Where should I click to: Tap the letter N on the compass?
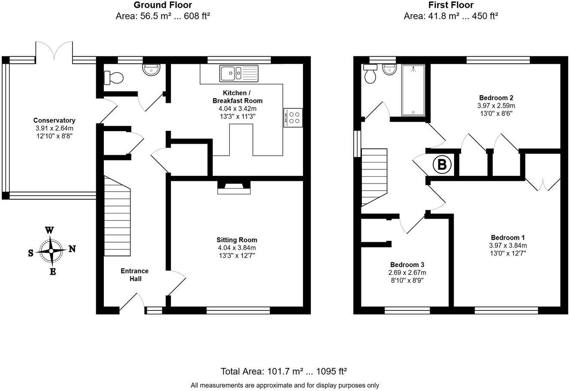coord(72,249)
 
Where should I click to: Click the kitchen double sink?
coord(239,73)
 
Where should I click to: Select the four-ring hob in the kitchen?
coord(293,117)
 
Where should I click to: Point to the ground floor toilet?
coord(114,78)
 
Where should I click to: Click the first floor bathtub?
coord(413,90)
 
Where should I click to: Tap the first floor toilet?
coord(369,75)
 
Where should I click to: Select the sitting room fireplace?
coord(233,187)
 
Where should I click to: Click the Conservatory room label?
coord(54,120)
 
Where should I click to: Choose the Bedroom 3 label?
coord(407,265)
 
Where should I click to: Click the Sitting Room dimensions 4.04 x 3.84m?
coord(237,248)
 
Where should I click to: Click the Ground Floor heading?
coord(163,5)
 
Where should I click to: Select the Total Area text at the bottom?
coord(284,371)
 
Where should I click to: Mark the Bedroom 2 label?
coord(496,97)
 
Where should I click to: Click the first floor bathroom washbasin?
coord(389,69)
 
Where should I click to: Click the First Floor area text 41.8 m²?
coord(451,16)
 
